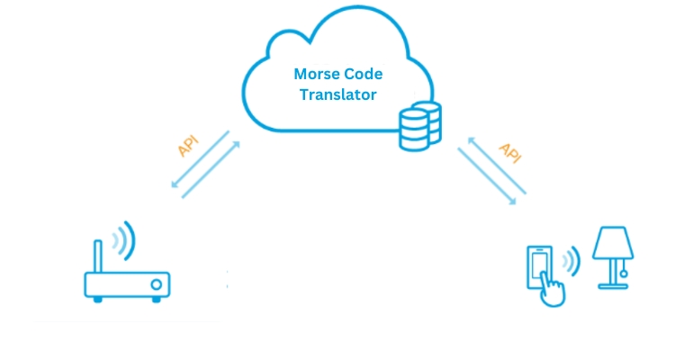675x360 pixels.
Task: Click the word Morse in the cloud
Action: [x=315, y=76]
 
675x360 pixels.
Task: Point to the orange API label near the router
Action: [x=190, y=145]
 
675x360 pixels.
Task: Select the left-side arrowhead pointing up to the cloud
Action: [x=238, y=135]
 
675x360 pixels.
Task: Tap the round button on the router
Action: [x=156, y=286]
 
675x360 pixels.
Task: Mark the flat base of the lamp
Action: [x=613, y=287]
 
